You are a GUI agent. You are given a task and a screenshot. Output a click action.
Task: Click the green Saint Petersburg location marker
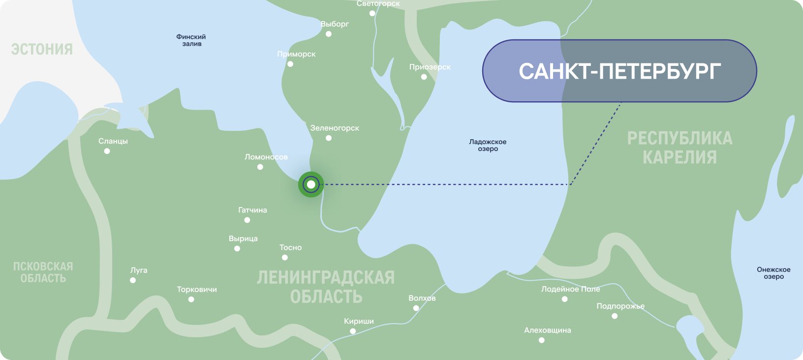311,185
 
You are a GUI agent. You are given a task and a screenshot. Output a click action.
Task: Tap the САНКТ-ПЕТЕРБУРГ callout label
619,71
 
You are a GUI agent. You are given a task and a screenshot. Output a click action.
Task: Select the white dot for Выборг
329,34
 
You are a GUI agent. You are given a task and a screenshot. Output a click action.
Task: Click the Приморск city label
296,54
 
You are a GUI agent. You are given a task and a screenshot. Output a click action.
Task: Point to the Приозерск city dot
424,77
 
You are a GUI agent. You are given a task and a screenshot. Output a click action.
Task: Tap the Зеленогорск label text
335,128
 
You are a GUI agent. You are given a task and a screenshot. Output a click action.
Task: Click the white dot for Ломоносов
260,167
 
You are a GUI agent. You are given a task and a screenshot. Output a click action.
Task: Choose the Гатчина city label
252,210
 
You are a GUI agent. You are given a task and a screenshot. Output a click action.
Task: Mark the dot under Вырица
237,248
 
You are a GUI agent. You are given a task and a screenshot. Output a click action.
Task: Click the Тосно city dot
285,257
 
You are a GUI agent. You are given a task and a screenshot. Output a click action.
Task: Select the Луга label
139,270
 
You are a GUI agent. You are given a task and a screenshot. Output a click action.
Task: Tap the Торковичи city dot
191,299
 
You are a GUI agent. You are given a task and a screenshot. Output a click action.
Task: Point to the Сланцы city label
113,141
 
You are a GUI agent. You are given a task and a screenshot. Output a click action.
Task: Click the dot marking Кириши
353,331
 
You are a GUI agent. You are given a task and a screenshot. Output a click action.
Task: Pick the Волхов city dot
416,308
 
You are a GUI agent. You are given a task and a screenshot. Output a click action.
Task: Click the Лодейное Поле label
570,289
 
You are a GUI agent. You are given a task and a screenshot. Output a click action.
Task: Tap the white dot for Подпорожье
615,316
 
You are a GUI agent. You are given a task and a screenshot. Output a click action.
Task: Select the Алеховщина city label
548,330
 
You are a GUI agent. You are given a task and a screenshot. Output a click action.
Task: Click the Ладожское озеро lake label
488,145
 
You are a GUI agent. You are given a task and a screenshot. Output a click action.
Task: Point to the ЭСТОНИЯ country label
42,49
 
